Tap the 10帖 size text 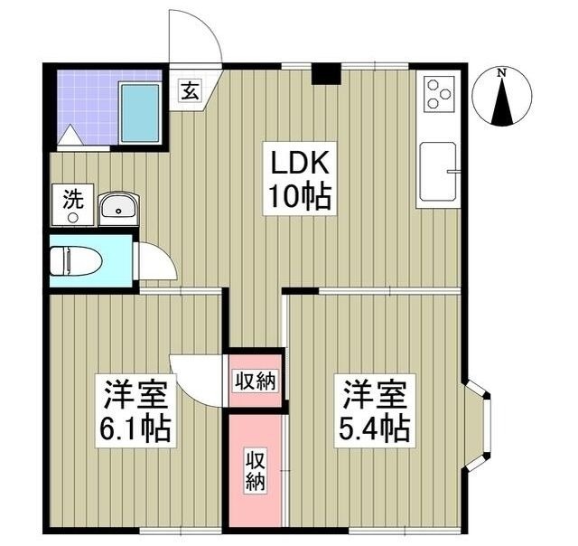pyautogui.click(x=298, y=195)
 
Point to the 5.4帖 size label pyautogui.click(x=376, y=427)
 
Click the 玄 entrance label pyautogui.click(x=190, y=89)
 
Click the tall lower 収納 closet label pyautogui.click(x=255, y=468)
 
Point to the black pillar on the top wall pyautogui.click(x=325, y=73)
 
